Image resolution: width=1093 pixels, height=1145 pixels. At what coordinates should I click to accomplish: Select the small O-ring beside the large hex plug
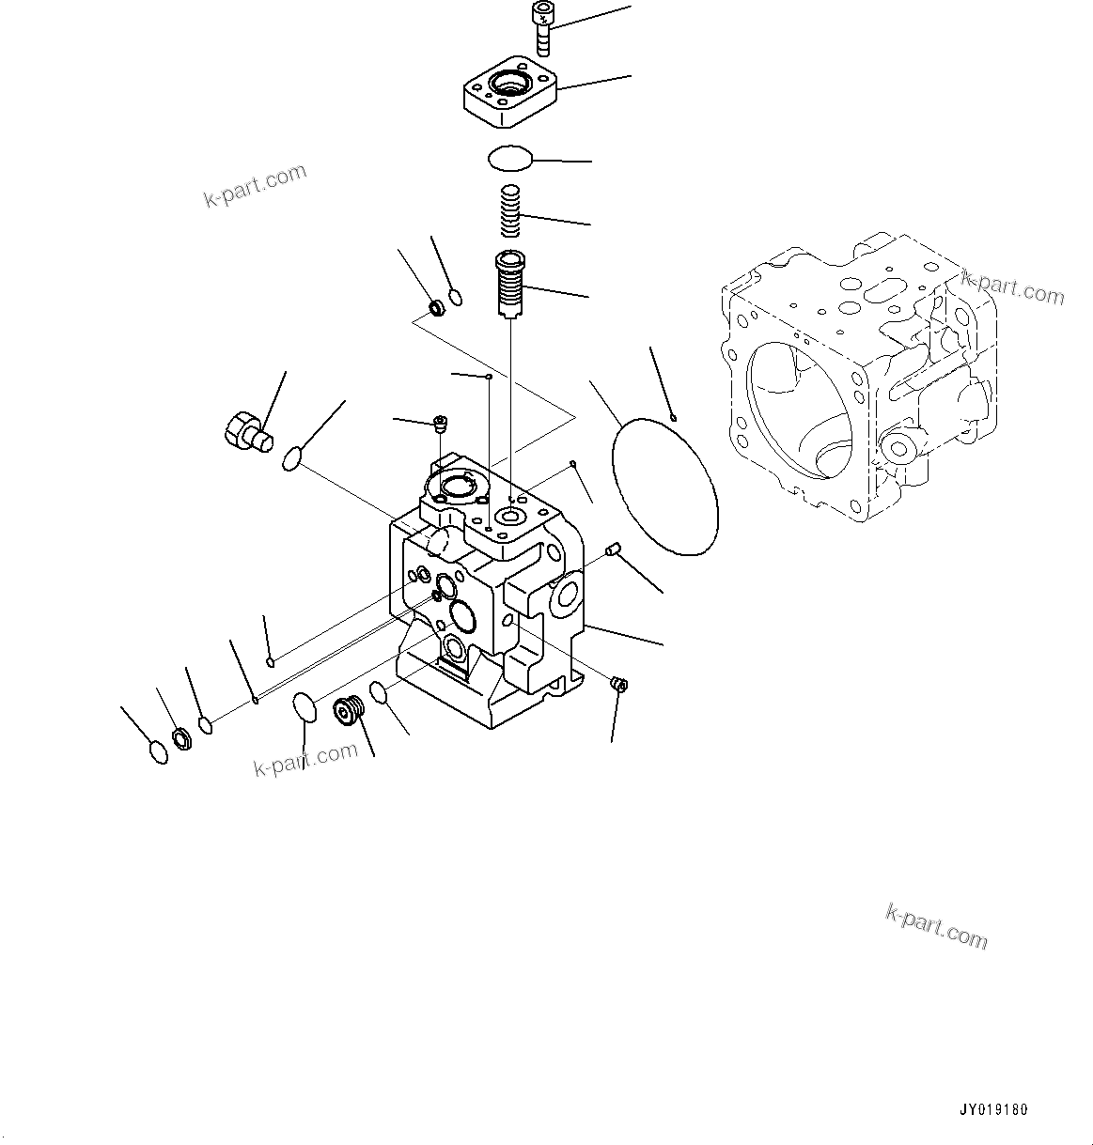point(291,459)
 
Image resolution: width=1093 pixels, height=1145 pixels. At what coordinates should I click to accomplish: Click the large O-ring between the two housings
point(664,487)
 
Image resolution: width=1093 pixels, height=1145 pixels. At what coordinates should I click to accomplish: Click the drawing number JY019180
point(993,1109)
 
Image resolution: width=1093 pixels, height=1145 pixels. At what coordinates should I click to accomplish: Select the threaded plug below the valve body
point(350,712)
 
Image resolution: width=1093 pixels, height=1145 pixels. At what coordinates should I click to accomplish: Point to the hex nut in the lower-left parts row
point(182,738)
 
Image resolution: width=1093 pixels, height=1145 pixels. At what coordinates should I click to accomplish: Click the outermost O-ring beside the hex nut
point(160,752)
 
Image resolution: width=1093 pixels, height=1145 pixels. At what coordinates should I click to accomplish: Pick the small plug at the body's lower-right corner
point(618,684)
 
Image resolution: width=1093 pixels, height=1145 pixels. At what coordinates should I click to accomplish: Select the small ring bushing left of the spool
point(435,307)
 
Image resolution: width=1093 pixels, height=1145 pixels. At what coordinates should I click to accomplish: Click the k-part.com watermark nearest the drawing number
point(936,926)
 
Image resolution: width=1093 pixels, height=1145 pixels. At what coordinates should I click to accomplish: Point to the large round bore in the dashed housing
point(799,404)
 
